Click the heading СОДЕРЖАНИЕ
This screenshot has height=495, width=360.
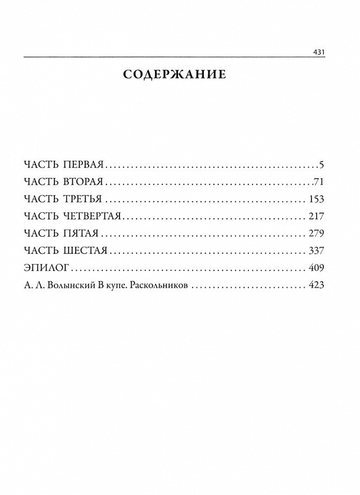[x=175, y=75]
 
